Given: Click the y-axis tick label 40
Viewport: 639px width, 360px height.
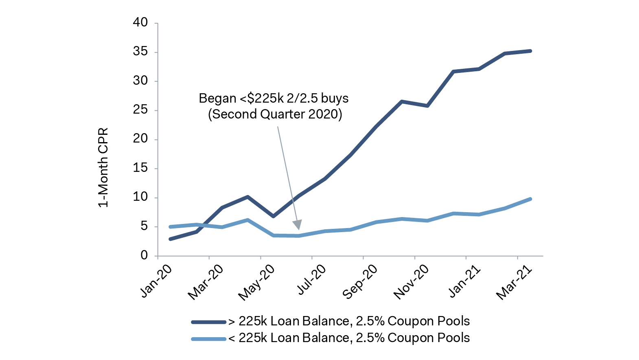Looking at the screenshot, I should point(140,23).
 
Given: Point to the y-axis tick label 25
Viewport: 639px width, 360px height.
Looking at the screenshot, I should point(140,110).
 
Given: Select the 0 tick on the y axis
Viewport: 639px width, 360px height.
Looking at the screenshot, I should point(144,255).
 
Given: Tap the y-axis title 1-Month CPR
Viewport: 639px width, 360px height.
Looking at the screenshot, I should point(103,168).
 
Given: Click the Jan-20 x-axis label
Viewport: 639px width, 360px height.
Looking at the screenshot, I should point(156,281).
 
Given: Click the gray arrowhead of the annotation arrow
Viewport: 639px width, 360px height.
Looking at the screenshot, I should point(298,224).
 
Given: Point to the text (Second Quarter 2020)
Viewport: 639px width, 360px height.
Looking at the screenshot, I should point(275,114).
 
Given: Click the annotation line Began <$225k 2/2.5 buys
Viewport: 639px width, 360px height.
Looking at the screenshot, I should point(274,99).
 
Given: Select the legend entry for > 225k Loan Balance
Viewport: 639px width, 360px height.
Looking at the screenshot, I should point(349,321).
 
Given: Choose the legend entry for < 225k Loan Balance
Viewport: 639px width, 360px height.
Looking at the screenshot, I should point(349,338).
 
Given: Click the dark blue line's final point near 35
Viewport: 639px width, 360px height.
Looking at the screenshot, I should point(530,51).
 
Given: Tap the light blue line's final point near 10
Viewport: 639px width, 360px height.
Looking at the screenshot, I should point(530,199).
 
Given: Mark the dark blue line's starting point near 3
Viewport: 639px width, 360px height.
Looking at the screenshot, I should point(170,239).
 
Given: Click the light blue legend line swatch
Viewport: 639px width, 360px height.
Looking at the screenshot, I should point(208,338).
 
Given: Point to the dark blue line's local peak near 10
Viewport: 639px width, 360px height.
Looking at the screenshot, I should point(247,197).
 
